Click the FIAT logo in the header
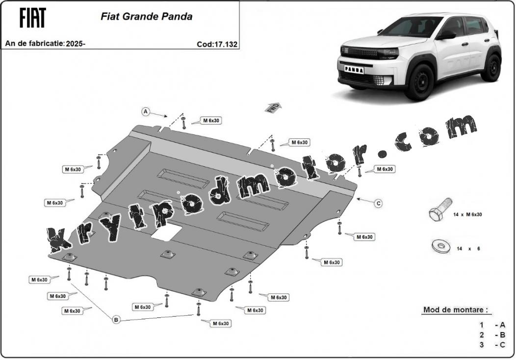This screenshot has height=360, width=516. tap(32, 18)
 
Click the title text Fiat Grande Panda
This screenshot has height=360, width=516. tap(147, 17)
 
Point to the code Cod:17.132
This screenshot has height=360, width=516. tap(217, 44)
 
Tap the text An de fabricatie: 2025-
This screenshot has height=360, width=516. tap(45, 44)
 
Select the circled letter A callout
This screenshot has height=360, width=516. tap(146, 112)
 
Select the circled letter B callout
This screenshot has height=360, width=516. tap(116, 319)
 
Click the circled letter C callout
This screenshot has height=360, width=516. tap(379, 204)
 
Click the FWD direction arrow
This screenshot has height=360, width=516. tap(273, 107)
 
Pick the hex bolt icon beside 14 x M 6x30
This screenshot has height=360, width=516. tap(440, 209)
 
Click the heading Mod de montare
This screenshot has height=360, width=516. tap(456, 309)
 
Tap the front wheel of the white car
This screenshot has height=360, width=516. tap(419, 82)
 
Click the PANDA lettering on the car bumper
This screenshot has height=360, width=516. tap(355, 70)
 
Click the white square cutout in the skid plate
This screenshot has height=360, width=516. tap(167, 232)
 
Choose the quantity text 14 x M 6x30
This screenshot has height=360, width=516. tap(467, 214)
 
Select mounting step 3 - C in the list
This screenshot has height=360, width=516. tap(492, 345)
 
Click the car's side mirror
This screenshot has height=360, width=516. tap(446, 35)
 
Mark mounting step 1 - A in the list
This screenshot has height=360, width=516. tap(492, 325)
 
